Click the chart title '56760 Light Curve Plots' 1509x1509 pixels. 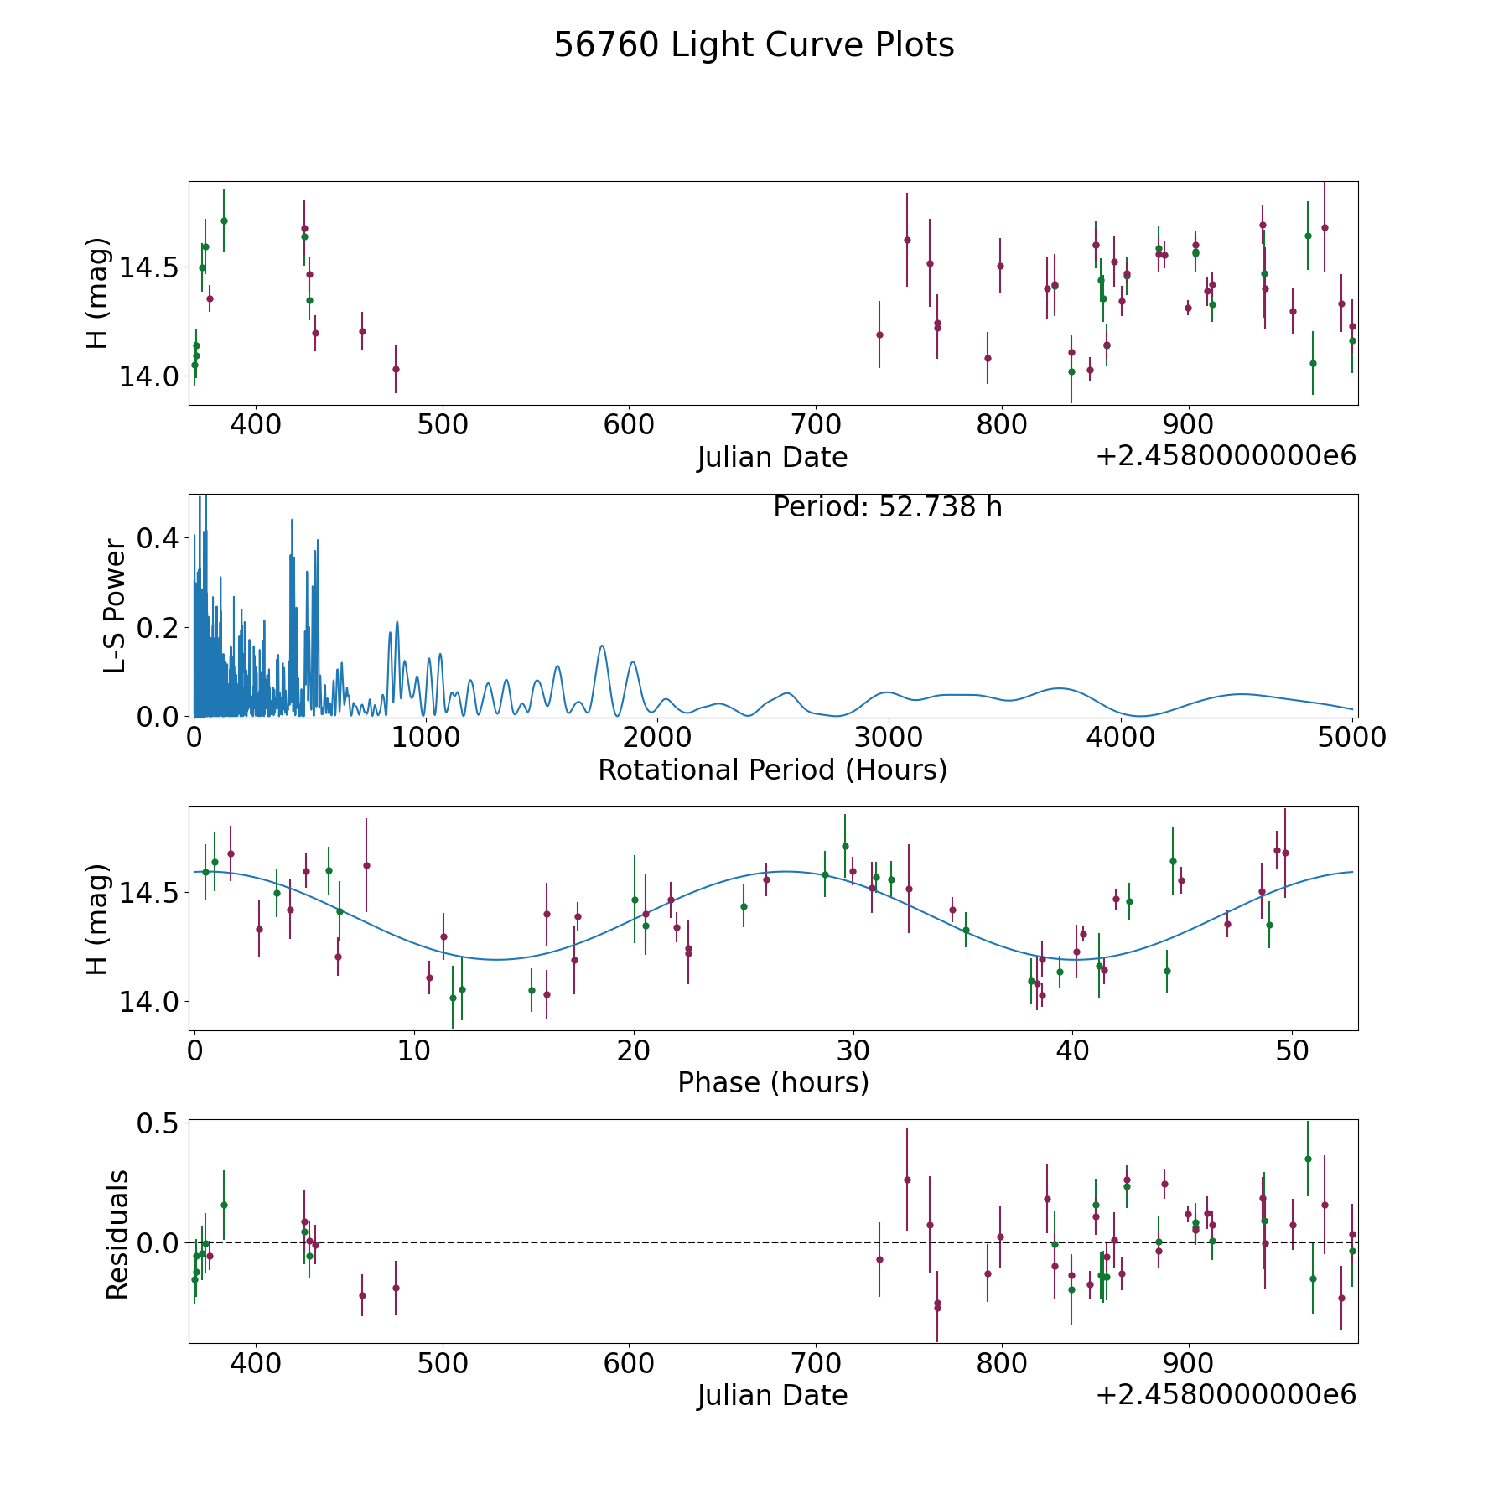tap(754, 45)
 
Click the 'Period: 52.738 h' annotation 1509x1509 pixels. tap(887, 507)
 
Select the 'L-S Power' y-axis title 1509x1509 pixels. tap(115, 605)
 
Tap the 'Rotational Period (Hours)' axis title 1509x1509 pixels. tap(772, 770)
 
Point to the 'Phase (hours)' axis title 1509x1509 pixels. tap(773, 1082)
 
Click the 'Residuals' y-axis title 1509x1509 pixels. tap(117, 1234)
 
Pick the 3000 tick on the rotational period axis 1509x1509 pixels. tap(889, 738)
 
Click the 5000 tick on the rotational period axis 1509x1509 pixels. tap(1352, 738)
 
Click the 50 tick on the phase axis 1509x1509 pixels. tap(1292, 1051)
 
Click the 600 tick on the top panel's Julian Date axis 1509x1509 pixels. tap(629, 425)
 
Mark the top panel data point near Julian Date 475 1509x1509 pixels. tap(396, 369)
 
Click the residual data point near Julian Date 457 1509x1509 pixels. tap(362, 1295)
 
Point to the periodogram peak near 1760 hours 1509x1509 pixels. tap(601, 646)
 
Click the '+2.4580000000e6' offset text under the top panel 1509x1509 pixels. tap(1226, 456)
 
